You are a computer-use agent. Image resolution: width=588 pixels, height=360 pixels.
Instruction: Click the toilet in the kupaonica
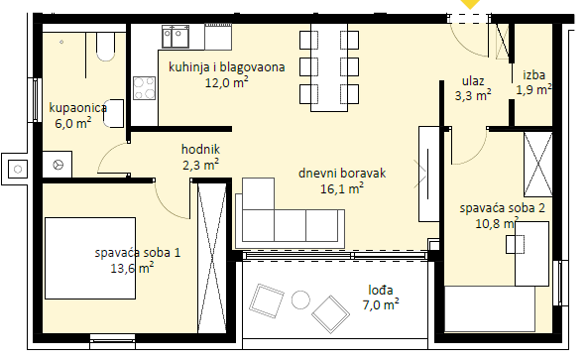click(105, 47)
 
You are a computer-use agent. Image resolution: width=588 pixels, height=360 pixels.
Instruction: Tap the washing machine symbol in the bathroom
click(57, 165)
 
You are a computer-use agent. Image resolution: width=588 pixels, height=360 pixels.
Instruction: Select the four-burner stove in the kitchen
click(145, 88)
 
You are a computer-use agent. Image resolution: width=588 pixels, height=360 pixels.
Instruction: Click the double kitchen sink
click(176, 37)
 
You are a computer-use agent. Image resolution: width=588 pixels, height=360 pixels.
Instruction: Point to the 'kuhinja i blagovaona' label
click(226, 67)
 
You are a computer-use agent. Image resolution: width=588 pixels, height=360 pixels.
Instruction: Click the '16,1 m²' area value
click(342, 188)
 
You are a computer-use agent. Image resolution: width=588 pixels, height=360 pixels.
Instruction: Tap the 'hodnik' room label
click(200, 149)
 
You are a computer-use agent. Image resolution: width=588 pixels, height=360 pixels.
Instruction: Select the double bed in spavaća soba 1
click(90, 258)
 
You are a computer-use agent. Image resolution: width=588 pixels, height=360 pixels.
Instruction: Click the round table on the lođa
click(300, 300)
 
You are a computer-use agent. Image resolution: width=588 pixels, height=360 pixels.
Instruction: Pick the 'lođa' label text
click(380, 290)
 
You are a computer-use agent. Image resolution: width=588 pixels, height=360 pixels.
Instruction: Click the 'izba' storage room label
click(533, 75)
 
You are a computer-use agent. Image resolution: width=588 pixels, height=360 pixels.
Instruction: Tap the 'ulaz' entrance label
click(473, 81)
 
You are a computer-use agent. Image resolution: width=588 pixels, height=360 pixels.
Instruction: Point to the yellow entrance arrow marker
click(470, 4)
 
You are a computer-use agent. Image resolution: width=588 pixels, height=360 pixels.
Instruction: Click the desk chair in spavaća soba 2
click(515, 244)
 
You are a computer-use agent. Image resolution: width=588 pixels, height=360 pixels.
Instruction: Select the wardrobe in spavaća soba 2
click(537, 165)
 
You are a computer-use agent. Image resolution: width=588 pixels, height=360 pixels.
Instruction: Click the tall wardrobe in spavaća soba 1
click(212, 258)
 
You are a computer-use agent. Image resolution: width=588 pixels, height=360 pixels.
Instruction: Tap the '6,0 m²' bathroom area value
click(73, 123)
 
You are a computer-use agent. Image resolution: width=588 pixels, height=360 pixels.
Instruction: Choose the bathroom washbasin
click(113, 113)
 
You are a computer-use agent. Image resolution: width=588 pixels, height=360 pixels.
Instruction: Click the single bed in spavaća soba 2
click(490, 309)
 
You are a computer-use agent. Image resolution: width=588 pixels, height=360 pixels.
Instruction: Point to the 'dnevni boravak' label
click(342, 173)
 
